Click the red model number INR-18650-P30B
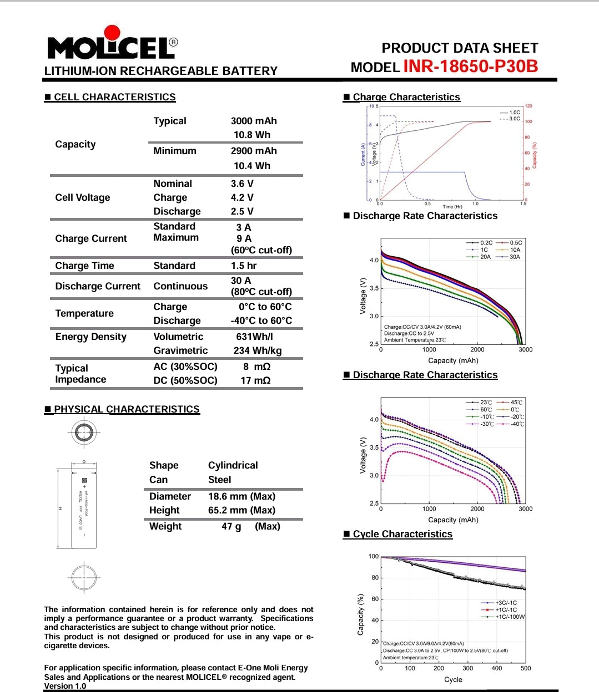tap(470, 67)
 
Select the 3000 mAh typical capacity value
tap(254, 121)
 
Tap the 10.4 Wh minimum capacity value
tap(252, 166)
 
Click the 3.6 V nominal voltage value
tap(242, 184)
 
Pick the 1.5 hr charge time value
tap(244, 266)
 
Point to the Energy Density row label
tap(91, 337)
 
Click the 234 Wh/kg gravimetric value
tap(258, 350)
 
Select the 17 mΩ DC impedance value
tap(255, 380)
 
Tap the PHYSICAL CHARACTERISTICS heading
tap(127, 409)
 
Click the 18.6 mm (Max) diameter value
tap(241, 496)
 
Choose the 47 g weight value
tap(231, 526)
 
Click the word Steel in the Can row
tap(220, 480)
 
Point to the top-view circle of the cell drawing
tap(84, 432)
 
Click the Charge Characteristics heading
tap(406, 97)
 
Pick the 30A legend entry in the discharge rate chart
tap(515, 257)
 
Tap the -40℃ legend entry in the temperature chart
tap(517, 424)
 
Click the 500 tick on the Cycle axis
tap(525, 668)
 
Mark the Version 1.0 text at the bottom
tap(66, 686)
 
